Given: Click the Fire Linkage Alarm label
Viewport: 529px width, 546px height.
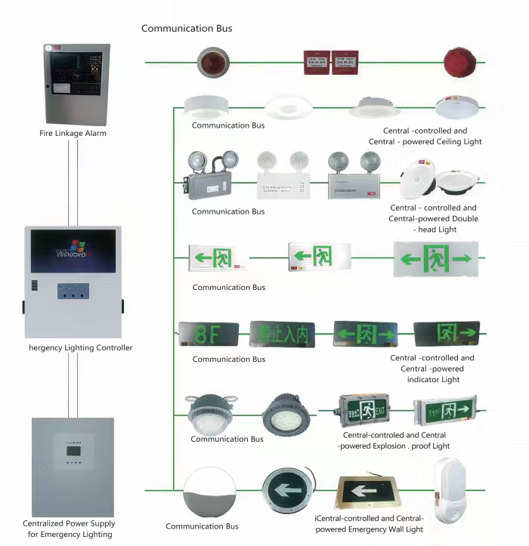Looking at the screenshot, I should (73, 134).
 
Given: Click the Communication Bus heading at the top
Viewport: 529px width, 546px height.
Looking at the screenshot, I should (187, 28).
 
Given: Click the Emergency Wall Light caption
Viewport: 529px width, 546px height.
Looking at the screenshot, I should (370, 524).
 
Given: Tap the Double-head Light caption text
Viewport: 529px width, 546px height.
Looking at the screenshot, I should (434, 218).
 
